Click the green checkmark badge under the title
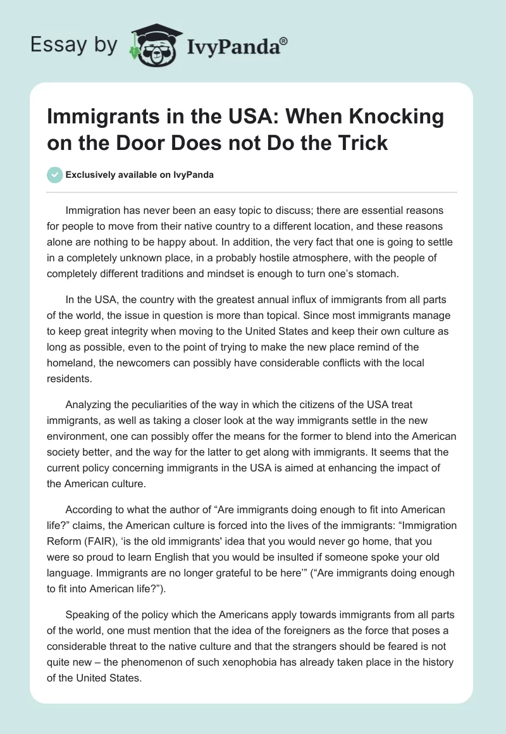pos(55,175)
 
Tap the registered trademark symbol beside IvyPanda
pos(283,41)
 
